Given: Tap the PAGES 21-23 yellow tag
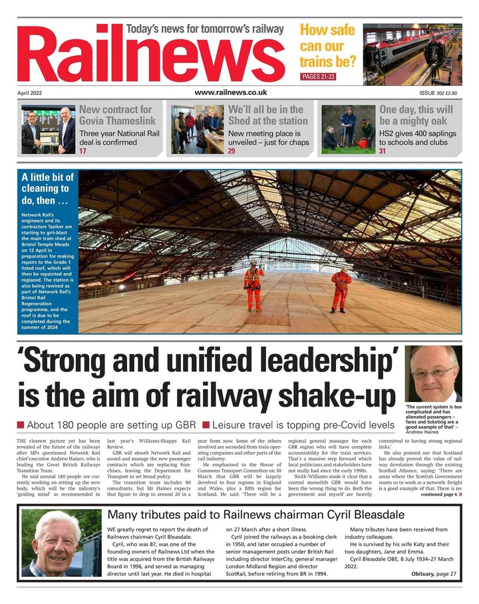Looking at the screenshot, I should [319, 77].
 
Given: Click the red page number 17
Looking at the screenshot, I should [83, 151].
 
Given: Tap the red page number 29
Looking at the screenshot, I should [232, 151].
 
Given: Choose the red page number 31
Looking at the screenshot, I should [383, 151].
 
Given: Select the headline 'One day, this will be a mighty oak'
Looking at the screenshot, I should [416, 115].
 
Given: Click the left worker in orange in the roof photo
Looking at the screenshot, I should [253, 285].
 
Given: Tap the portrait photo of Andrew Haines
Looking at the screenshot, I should [433, 373].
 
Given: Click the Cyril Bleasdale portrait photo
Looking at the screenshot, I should [61, 543].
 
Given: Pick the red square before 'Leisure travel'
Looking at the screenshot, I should [206, 425].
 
